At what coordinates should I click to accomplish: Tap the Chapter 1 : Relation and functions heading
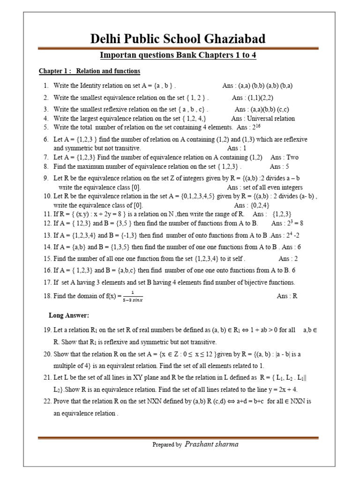click(x=89, y=71)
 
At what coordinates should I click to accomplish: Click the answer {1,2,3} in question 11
click(x=283, y=214)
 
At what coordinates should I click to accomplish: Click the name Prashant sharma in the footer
click(x=212, y=444)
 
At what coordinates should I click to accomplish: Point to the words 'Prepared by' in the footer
click(x=167, y=445)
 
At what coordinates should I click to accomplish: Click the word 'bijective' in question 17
click(x=253, y=282)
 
